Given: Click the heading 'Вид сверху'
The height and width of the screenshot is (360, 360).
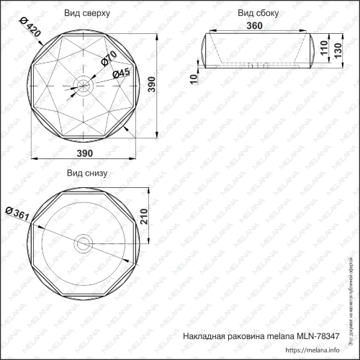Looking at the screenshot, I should [x=86, y=14].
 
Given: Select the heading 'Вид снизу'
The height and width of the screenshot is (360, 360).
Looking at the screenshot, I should [x=86, y=173].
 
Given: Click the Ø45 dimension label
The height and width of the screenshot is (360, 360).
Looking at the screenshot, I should [x=120, y=73].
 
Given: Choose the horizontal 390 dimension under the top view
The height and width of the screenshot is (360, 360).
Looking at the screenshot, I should [x=86, y=154].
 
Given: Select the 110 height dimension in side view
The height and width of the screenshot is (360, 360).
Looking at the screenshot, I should [x=323, y=48].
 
